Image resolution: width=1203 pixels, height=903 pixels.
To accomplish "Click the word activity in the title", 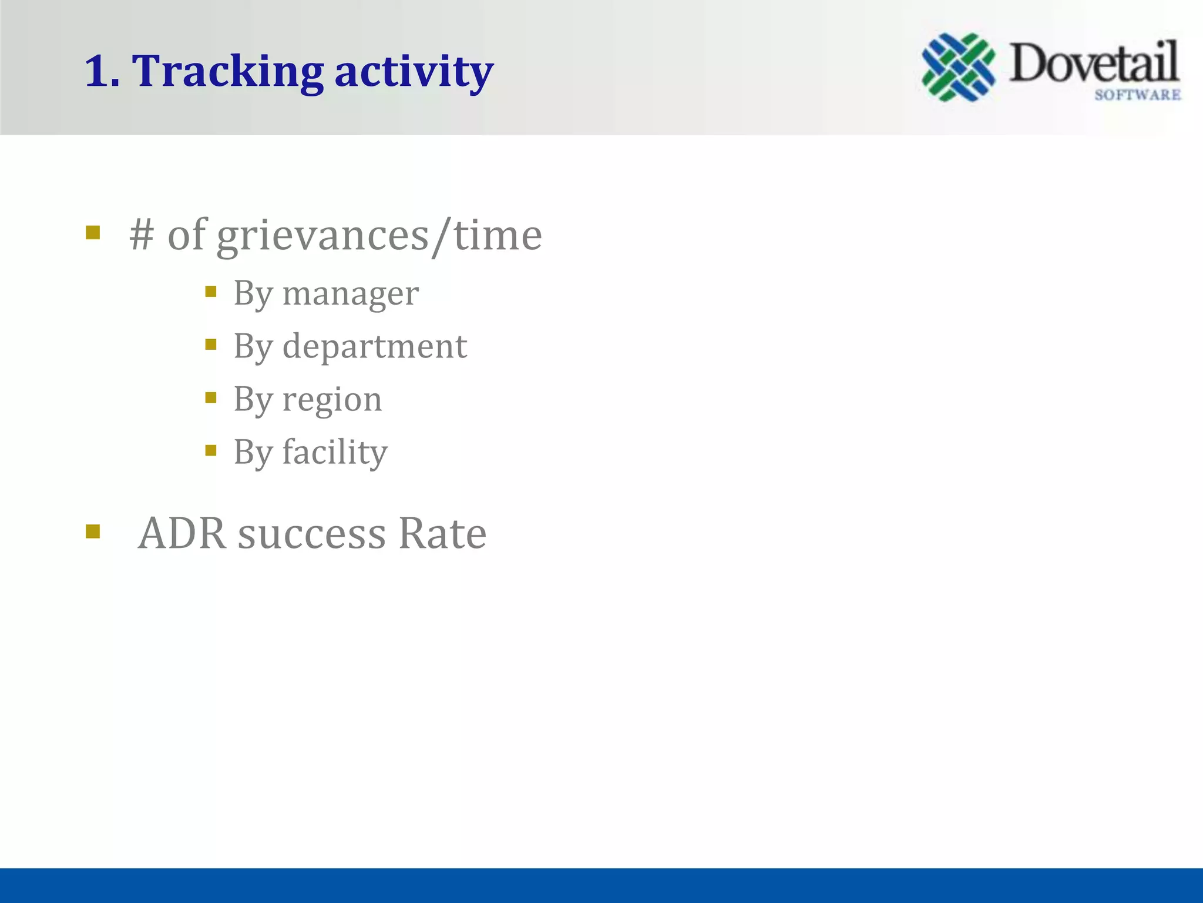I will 414,71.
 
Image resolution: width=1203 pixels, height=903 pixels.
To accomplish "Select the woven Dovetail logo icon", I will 958,67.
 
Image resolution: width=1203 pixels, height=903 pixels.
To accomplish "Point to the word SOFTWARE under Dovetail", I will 1137,95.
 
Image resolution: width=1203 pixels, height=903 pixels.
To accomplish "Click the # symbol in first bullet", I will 142,235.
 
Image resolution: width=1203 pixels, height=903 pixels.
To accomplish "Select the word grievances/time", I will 379,236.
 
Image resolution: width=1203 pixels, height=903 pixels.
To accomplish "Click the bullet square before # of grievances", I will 93,233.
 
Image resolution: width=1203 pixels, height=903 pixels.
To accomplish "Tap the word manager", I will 350,293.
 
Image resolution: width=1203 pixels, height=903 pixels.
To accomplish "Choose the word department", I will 374,346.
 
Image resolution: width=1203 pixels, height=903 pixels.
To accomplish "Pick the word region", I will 332,400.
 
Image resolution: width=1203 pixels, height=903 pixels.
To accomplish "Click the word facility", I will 335,453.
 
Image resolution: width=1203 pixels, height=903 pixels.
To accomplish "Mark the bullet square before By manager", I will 211,292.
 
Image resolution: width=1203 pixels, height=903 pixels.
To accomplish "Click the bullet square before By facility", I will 211,451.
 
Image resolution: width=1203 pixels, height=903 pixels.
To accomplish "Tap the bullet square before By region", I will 211,398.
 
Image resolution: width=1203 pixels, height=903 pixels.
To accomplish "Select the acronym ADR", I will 182,534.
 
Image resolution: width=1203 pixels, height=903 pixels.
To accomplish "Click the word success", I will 312,534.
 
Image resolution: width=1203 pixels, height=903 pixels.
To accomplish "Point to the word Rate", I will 442,534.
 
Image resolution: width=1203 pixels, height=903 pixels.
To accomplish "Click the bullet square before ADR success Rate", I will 93,531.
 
